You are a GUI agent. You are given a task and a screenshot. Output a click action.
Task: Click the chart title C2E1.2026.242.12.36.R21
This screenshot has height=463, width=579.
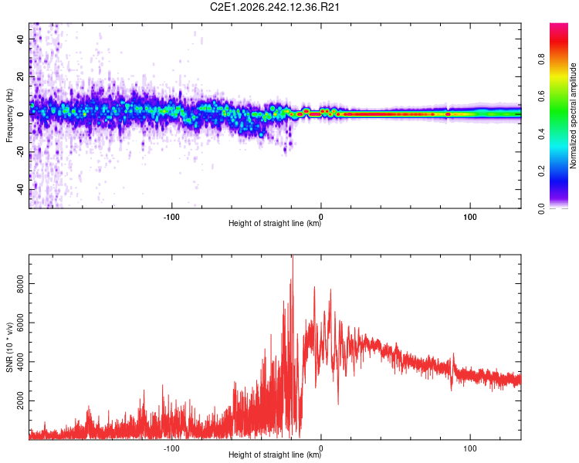tap(274, 7)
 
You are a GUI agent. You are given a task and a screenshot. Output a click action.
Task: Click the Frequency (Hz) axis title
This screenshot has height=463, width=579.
tap(9, 116)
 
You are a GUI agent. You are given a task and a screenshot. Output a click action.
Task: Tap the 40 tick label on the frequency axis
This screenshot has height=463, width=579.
tap(20, 39)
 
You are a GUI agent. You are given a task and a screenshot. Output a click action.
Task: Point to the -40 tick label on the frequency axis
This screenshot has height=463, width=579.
tap(20, 189)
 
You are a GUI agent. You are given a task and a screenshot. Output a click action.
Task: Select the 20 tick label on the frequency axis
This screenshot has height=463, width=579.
tap(20, 77)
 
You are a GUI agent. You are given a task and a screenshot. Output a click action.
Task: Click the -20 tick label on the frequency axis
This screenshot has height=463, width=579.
tap(20, 152)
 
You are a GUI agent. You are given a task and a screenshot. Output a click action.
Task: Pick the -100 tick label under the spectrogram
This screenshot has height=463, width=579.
tap(171, 217)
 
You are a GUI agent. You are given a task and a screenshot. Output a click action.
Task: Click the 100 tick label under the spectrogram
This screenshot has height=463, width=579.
tap(469, 217)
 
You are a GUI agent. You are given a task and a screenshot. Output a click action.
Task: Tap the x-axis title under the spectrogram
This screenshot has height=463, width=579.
tap(275, 223)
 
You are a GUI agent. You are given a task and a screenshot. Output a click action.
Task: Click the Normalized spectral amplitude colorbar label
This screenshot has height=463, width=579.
tap(573, 116)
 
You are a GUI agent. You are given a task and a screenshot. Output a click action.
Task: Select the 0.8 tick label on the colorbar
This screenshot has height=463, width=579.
tap(541, 59)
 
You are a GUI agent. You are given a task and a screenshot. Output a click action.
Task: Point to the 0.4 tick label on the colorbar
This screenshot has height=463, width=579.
tap(541, 134)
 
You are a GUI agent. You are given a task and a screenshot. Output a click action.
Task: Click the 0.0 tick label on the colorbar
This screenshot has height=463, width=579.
tap(541, 208)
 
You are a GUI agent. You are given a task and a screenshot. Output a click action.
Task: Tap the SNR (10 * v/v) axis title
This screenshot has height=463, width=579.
tap(9, 347)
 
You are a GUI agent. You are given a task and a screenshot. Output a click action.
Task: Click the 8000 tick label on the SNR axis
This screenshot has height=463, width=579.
tap(20, 283)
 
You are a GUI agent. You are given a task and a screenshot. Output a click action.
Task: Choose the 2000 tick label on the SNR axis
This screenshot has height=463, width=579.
tap(20, 400)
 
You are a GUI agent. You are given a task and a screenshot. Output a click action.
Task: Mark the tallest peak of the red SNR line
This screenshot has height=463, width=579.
tap(293, 255)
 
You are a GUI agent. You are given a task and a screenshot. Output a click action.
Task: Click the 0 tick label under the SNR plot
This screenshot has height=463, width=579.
tap(320, 448)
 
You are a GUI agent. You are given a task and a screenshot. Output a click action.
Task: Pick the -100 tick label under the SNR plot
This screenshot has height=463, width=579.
tap(171, 448)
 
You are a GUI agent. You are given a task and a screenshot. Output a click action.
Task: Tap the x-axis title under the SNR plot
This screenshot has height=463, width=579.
tap(275, 455)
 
